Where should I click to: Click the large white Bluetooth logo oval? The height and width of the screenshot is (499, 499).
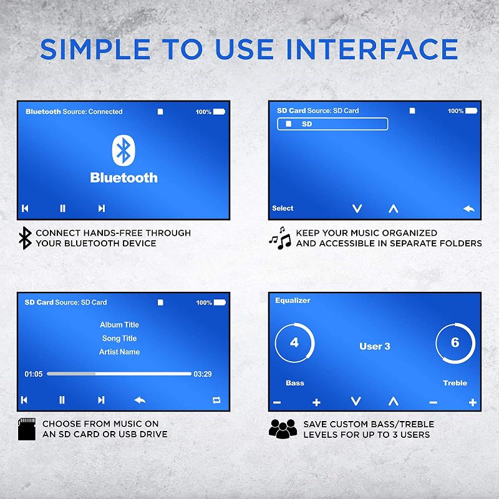pos(124,150)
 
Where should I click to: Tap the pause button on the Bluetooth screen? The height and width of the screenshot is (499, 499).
pos(63,208)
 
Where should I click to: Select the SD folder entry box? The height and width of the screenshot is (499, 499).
pos(332,124)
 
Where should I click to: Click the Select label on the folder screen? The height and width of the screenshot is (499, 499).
pos(283,208)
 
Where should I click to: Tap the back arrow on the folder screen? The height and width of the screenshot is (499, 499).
pos(469,209)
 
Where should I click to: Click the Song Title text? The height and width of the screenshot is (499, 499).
pos(119,338)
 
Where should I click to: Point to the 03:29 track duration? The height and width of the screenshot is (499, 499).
pos(203,374)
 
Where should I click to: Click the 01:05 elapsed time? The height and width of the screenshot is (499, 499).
pos(34,374)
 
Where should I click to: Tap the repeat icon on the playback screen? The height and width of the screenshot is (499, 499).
pos(216,400)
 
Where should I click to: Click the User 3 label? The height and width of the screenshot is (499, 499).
pos(375,346)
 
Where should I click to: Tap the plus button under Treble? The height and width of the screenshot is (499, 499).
pos(473,402)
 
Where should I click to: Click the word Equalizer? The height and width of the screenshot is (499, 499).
pos(293,301)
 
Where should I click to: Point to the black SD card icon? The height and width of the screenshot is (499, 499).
pos(27,429)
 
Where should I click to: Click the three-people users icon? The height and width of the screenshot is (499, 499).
pos(283,429)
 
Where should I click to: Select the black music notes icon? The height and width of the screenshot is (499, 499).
pos(280,238)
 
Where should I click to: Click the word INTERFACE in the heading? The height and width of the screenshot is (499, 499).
pos(372,49)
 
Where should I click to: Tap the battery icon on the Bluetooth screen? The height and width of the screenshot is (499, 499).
pos(220,112)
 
